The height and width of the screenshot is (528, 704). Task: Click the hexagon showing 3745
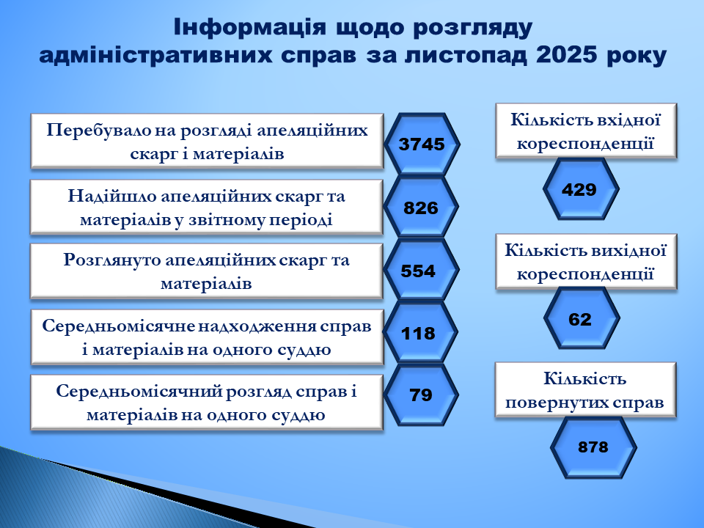click(422, 144)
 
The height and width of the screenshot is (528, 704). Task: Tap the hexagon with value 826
click(421, 208)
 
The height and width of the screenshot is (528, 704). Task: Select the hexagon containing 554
click(421, 271)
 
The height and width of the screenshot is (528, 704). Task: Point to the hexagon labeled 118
click(420, 333)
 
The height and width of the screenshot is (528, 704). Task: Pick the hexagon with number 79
click(421, 395)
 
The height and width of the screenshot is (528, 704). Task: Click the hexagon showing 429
click(581, 189)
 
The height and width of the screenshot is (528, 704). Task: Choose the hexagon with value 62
click(582, 318)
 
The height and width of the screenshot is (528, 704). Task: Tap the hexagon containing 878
click(593, 447)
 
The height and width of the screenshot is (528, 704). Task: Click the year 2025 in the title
click(567, 55)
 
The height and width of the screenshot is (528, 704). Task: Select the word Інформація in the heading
click(250, 27)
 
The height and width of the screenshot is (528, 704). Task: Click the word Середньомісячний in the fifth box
click(139, 392)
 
